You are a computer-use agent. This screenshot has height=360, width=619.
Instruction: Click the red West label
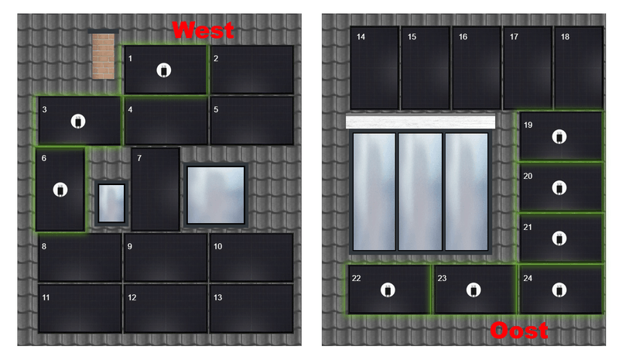click(203, 30)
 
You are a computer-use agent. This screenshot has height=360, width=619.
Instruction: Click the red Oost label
click(519, 331)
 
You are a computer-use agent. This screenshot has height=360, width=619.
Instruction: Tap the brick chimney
click(104, 54)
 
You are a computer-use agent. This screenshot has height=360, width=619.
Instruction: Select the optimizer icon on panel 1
click(164, 70)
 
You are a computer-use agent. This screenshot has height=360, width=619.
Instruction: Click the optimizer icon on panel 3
click(78, 122)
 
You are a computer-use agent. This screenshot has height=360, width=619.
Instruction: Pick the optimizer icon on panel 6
click(60, 190)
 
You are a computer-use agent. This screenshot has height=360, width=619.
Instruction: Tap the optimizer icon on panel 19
click(559, 137)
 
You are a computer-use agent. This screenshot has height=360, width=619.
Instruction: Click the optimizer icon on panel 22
click(388, 290)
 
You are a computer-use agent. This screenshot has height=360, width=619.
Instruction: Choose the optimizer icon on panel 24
click(559, 290)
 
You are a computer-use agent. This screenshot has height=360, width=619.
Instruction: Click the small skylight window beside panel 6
click(111, 203)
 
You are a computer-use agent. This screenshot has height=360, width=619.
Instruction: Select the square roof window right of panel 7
click(216, 195)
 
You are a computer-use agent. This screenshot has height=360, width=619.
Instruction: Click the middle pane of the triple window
click(420, 192)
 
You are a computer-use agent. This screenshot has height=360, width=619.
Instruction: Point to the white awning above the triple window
click(420, 122)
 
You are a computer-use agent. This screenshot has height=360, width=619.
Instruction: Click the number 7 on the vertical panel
click(139, 158)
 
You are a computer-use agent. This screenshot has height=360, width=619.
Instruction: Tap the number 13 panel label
click(218, 297)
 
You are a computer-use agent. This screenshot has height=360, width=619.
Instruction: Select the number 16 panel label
click(463, 36)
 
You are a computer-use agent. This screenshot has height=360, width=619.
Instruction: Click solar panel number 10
click(251, 257)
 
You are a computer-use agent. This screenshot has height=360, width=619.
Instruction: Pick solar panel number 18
click(579, 67)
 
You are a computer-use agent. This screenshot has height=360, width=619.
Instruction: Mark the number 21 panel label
click(528, 227)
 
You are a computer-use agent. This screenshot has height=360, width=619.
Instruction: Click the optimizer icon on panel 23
click(474, 290)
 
